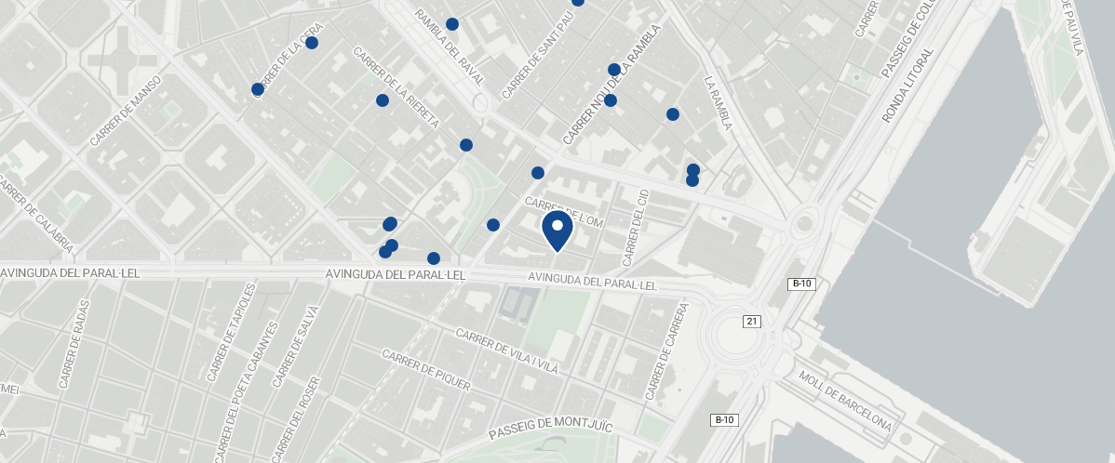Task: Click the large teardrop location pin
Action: pyautogui.click(x=557, y=230)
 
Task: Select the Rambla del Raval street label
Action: pyautogui.click(x=450, y=47)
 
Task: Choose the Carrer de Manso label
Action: pyautogui.click(x=126, y=111)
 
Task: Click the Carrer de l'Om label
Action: pyautogui.click(x=565, y=210)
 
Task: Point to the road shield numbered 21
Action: pyautogui.click(x=752, y=321)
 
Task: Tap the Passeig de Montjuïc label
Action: pyautogui.click(x=551, y=429)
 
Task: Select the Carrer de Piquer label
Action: pyautogui.click(x=426, y=370)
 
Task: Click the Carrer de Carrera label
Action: pyautogui.click(x=667, y=351)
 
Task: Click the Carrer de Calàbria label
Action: pyautogui.click(x=37, y=216)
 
